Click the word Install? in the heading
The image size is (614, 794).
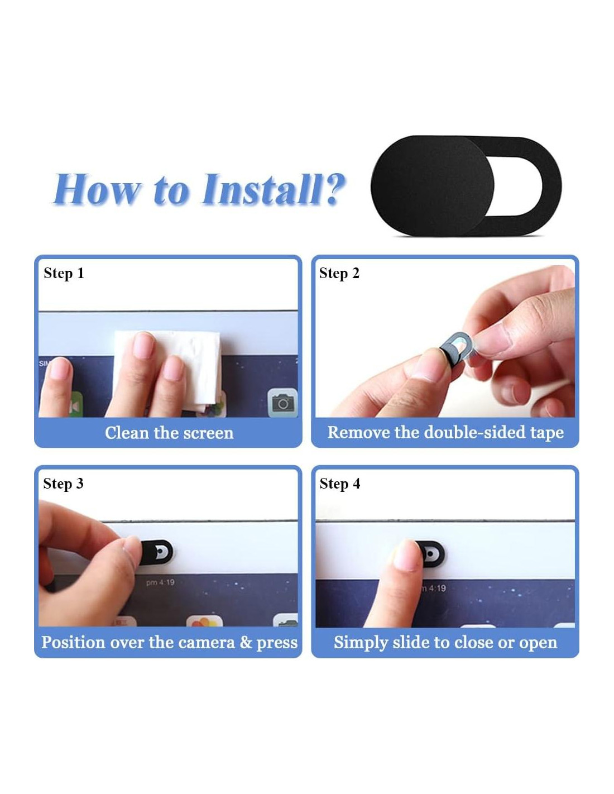click(x=272, y=189)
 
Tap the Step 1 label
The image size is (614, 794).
click(x=64, y=274)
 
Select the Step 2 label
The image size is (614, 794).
click(x=339, y=274)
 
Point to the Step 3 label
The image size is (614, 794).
click(x=63, y=484)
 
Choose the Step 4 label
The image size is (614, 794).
click(x=340, y=484)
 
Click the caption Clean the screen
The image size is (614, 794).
click(x=169, y=433)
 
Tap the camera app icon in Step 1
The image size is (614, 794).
click(x=282, y=403)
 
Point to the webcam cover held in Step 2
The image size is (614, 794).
click(x=457, y=347)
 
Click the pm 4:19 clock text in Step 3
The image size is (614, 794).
click(x=160, y=582)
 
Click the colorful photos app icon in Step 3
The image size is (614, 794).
click(x=204, y=621)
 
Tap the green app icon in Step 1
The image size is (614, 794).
click(x=75, y=404)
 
